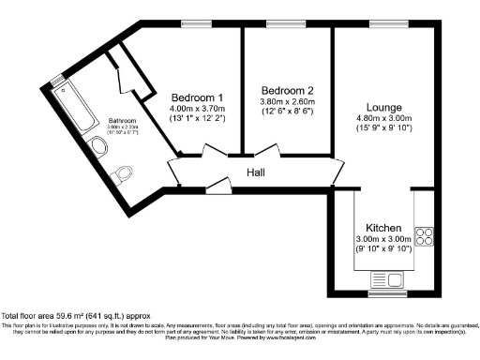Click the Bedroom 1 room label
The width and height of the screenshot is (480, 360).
(197, 97)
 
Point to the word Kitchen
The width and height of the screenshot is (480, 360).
(383, 228)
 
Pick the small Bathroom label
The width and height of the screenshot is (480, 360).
(122, 122)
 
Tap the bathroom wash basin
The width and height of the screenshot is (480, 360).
(102, 146)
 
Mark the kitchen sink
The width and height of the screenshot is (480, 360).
(383, 278)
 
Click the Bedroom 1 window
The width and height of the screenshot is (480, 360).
(195, 22)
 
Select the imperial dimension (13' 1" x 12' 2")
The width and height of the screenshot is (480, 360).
(197, 118)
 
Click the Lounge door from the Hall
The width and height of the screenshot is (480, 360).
(338, 172)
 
